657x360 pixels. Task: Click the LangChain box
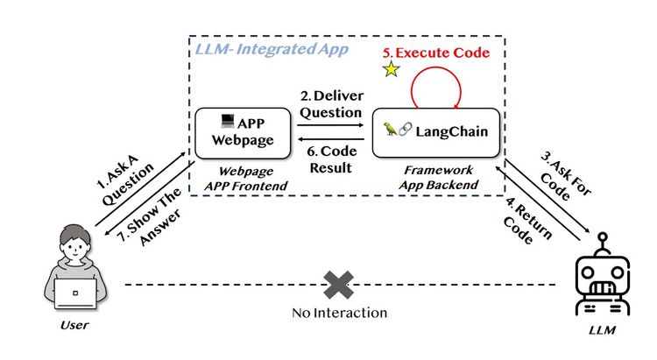[x=435, y=132]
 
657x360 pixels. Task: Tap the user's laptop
[x=76, y=294]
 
